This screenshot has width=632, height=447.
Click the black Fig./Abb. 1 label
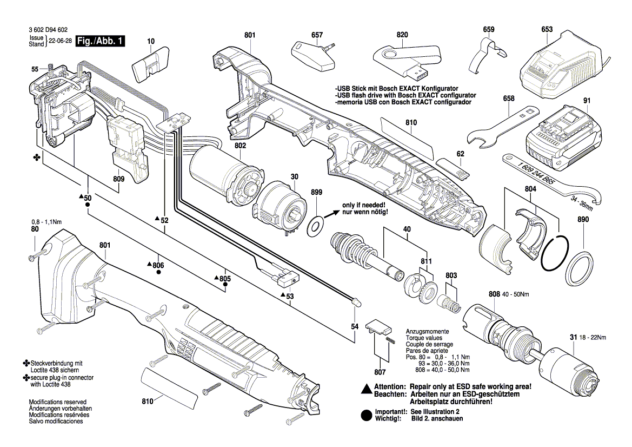point(101,41)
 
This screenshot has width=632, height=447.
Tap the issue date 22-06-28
point(61,41)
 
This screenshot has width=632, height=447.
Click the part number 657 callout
point(317,35)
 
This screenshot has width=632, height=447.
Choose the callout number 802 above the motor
point(241,146)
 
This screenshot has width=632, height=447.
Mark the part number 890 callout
point(582,220)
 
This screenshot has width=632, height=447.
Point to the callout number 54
point(355,326)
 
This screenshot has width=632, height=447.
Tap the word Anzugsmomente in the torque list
point(427,331)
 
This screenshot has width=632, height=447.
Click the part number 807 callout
point(380,372)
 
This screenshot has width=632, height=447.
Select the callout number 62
point(460,154)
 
